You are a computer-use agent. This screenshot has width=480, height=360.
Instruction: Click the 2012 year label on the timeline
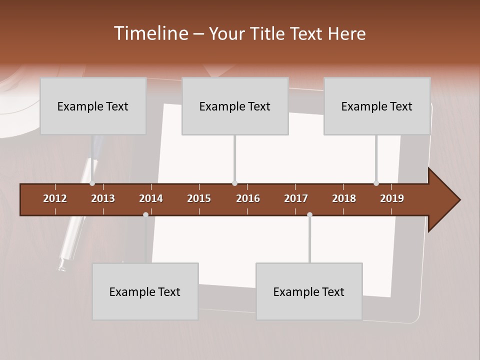coord(55,198)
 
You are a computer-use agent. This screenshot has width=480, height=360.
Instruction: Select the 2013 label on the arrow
coord(103,198)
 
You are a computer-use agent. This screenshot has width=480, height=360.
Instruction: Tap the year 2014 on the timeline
coord(151,198)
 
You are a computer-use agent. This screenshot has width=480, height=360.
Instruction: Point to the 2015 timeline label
coord(199,198)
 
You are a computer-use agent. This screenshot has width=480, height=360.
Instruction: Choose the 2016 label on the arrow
coord(248,198)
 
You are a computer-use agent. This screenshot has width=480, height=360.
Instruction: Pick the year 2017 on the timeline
coord(296,198)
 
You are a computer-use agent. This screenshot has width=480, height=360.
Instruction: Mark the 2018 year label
coord(344,198)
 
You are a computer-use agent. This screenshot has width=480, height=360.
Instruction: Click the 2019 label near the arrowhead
coord(392,198)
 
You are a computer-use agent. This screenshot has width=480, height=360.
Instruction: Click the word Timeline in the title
coord(150,33)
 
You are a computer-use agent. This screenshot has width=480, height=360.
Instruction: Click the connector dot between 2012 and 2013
coord(92,183)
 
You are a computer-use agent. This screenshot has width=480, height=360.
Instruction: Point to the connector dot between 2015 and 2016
coord(234,183)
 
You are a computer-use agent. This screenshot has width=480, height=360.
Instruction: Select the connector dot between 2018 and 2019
coord(376,183)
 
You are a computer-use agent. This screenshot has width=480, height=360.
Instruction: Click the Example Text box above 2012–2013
coord(93,106)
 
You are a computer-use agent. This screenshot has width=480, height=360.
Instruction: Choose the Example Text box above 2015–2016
coord(235,106)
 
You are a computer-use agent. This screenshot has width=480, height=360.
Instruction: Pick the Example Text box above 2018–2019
coord(377,106)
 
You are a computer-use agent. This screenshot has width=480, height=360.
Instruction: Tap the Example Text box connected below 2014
coord(145,291)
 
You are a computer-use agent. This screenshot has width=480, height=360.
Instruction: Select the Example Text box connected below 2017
coord(309,291)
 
